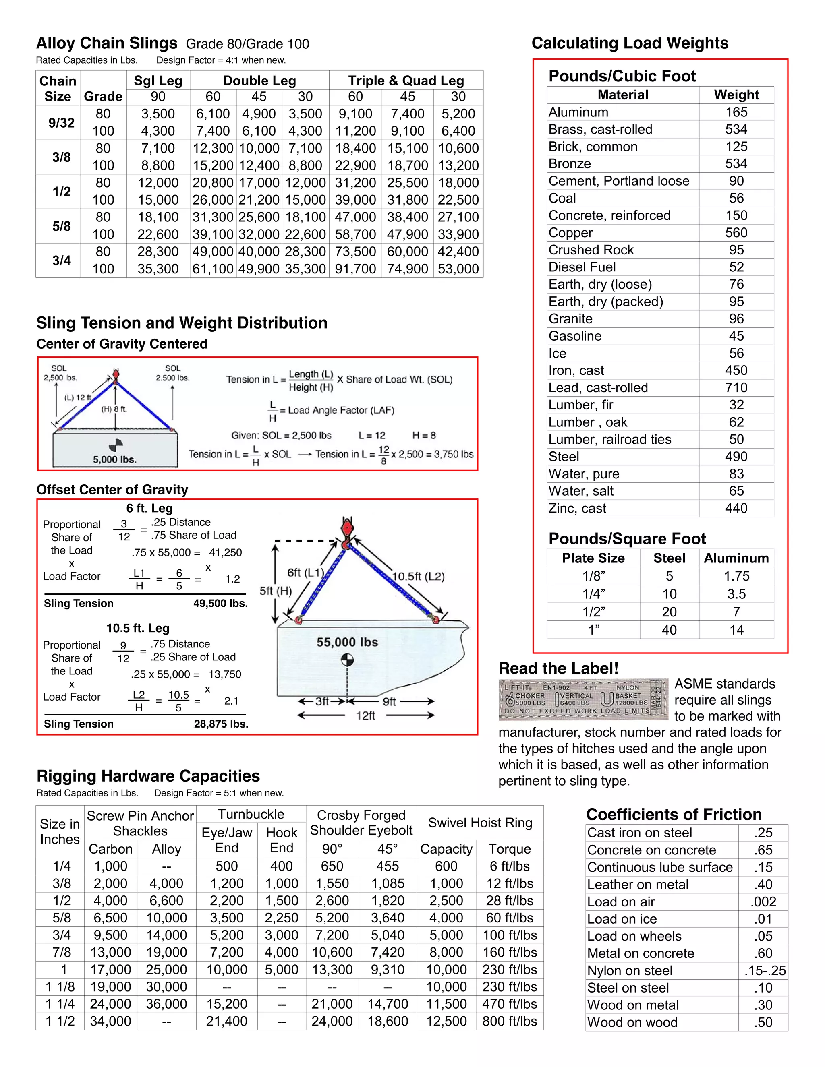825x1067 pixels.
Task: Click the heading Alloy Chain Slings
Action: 106,43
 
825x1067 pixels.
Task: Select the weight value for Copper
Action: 736,233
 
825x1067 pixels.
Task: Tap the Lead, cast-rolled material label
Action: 598,387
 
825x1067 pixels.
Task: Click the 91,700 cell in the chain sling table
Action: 355,269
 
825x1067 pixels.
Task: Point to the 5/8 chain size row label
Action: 61,226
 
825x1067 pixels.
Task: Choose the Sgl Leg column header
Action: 158,81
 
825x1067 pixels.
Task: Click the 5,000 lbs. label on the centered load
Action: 115,459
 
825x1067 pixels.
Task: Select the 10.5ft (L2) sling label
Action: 419,576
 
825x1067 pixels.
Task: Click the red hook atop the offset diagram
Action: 347,529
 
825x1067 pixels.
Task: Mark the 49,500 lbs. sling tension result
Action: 220,604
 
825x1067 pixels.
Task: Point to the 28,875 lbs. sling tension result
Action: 221,724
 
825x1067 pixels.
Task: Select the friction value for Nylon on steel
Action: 765,971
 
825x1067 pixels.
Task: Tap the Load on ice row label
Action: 622,919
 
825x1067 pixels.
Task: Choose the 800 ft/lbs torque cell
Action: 509,1021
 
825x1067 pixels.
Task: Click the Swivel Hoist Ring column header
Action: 480,823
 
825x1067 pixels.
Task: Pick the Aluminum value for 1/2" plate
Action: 736,612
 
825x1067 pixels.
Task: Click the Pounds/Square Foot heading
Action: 627,538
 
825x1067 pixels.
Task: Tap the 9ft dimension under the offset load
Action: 389,701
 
